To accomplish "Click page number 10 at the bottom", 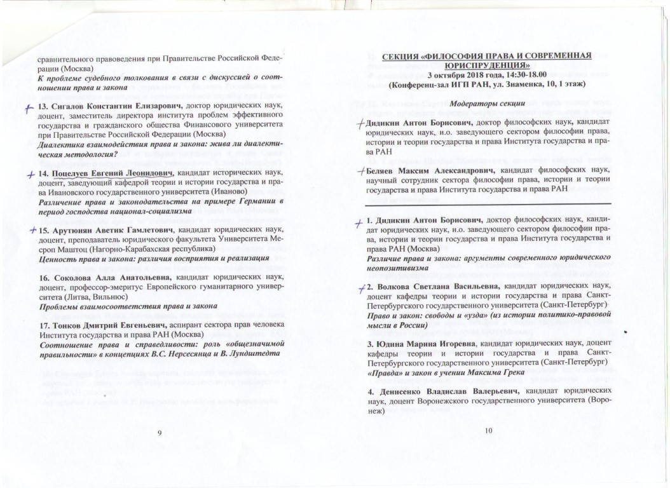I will point(488,432).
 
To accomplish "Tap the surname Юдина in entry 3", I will point(391,344).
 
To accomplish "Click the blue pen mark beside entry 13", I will point(29,107).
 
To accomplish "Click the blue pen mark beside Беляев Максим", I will point(360,171).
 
